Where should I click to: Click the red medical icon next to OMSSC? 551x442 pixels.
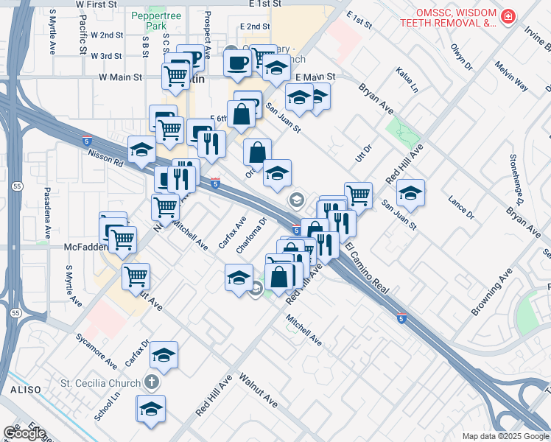point(508,16)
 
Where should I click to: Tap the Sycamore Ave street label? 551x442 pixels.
point(96,351)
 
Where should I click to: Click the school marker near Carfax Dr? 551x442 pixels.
point(164,355)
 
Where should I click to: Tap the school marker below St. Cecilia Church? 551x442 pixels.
point(151,408)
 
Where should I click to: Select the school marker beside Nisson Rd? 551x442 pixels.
point(141,150)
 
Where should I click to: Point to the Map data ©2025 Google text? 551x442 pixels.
point(505,436)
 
